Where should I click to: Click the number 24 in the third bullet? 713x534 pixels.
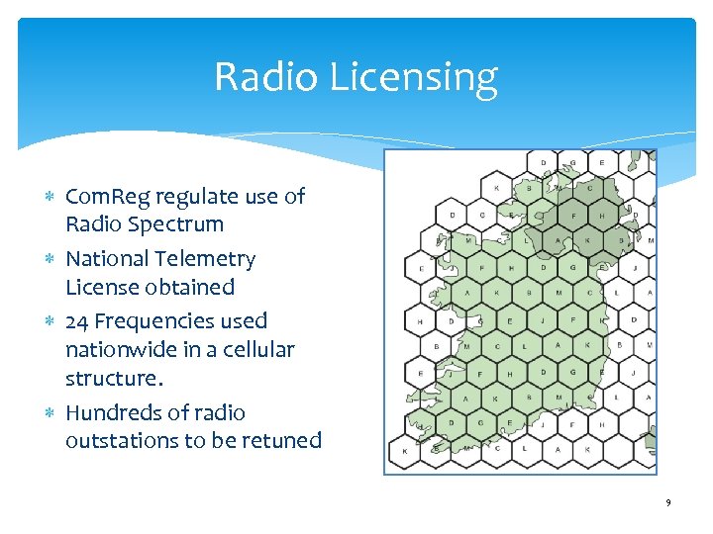77,321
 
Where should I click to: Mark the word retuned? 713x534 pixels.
283,441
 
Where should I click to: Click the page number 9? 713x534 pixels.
668,503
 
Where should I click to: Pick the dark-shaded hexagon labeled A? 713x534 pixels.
558,240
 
